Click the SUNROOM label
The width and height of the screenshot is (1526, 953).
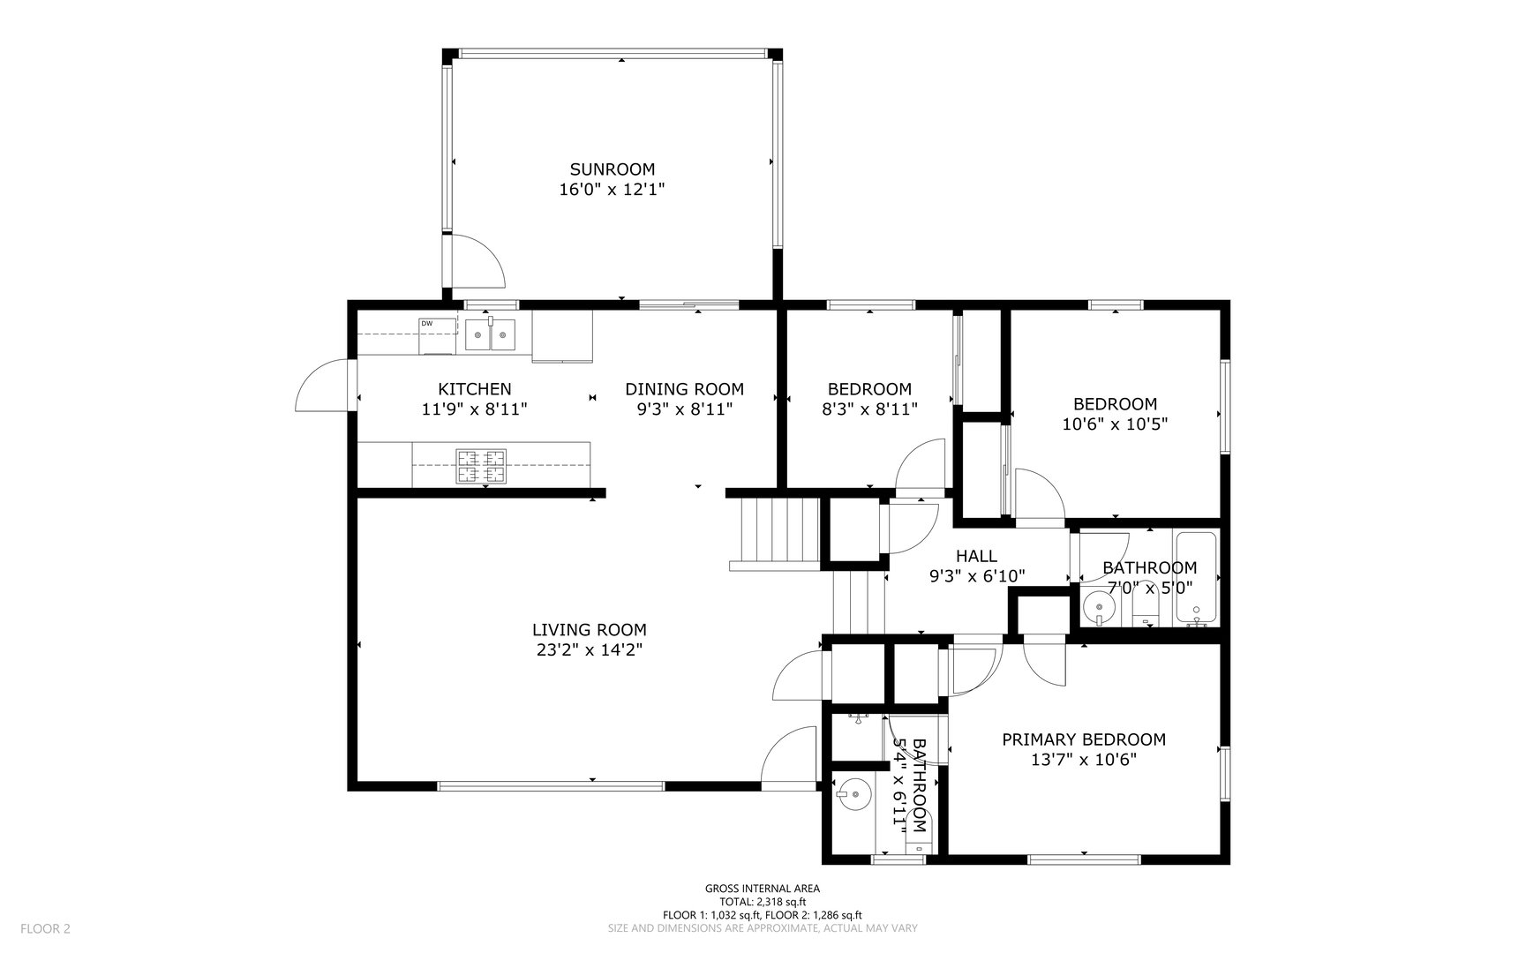click(x=612, y=169)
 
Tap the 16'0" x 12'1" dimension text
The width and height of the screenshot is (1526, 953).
click(x=612, y=189)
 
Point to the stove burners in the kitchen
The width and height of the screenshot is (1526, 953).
click(x=481, y=467)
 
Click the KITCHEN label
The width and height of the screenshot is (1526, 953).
click(x=474, y=389)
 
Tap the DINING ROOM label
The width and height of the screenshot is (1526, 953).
click(x=684, y=389)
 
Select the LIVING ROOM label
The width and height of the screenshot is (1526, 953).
click(x=589, y=630)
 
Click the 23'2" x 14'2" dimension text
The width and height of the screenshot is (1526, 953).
click(x=589, y=650)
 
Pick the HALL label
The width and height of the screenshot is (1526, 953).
click(x=976, y=556)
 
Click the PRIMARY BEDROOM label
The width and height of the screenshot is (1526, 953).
click(x=1083, y=739)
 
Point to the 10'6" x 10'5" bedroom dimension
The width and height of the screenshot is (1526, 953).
click(x=1115, y=424)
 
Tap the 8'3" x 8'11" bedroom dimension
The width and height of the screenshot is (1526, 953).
click(x=869, y=409)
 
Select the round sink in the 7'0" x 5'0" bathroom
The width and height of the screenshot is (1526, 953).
click(x=1099, y=607)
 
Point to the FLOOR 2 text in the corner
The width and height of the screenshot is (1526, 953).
click(x=45, y=928)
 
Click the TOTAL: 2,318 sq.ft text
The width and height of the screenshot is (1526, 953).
click(x=762, y=902)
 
